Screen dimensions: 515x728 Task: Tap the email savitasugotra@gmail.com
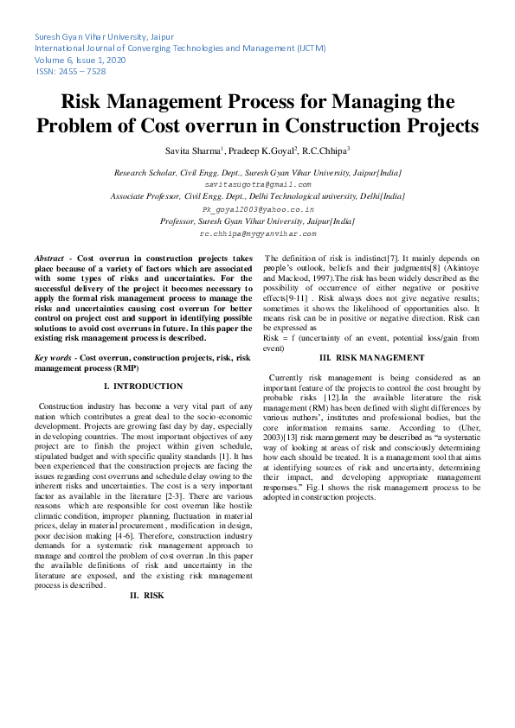[x=257, y=185]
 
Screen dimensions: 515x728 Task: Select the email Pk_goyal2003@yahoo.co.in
[x=257, y=209]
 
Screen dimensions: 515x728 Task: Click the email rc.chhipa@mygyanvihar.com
[x=257, y=233]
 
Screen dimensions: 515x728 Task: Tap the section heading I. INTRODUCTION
[x=143, y=386]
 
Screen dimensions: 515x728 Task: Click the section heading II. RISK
[x=146, y=596]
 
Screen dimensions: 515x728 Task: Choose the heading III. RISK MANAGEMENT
[x=371, y=358]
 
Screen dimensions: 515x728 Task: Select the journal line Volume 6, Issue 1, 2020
[x=80, y=60]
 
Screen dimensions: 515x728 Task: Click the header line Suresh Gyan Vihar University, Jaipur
[x=103, y=37]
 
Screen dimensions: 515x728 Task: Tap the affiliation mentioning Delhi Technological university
[x=257, y=197]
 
